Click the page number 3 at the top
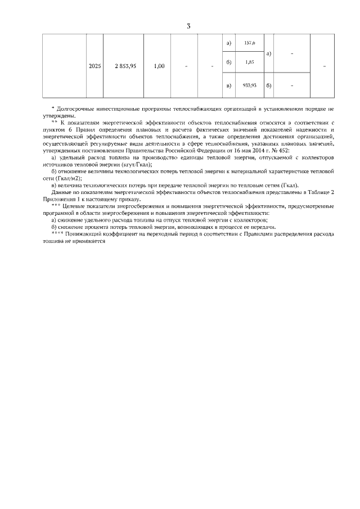point(188,26)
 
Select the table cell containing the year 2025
point(95,66)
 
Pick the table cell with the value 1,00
point(159,66)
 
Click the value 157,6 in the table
point(249,43)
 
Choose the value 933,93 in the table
point(249,85)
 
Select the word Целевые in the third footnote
point(73,206)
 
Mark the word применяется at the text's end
point(91,240)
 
